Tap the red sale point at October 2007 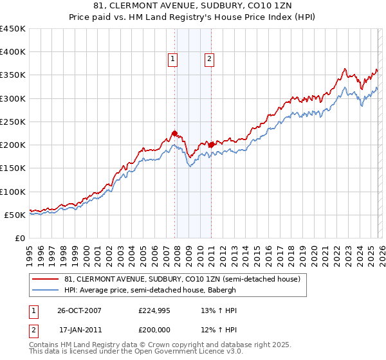[174, 133]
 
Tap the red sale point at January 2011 [211, 145]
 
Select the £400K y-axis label [13, 52]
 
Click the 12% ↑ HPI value [219, 330]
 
